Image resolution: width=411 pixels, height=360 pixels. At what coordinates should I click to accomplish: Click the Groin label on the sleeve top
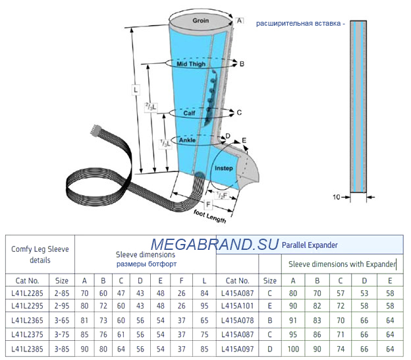[x=200, y=20]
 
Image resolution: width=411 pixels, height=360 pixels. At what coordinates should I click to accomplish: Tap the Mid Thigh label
[x=191, y=64]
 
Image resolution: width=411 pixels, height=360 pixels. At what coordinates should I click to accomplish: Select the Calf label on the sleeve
[x=189, y=113]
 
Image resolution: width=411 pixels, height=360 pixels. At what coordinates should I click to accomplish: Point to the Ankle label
[x=187, y=140]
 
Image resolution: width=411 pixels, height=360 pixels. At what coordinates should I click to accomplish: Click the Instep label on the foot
[x=223, y=168]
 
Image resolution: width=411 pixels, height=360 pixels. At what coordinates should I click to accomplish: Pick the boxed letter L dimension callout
[x=136, y=90]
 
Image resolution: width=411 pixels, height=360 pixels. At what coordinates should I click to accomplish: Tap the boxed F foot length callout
[x=208, y=204]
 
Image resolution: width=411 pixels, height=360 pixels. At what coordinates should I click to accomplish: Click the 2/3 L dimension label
[x=151, y=107]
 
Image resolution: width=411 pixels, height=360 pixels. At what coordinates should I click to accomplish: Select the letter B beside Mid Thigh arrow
[x=242, y=64]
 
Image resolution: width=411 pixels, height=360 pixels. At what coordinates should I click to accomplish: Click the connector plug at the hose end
[x=96, y=130]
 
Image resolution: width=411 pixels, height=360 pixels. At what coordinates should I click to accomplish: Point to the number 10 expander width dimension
[x=337, y=196]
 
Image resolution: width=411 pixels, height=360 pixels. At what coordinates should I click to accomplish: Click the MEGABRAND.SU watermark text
[x=214, y=244]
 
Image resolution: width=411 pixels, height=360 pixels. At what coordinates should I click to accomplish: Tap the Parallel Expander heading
[x=310, y=245]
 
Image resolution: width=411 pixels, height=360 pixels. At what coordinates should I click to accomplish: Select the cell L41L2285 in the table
[x=27, y=293]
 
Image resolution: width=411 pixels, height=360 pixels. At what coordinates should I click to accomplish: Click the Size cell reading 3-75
[x=62, y=334]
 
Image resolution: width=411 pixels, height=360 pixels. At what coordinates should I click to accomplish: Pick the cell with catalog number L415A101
[x=238, y=306]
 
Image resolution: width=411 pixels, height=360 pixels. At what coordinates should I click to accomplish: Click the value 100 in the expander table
[x=293, y=349]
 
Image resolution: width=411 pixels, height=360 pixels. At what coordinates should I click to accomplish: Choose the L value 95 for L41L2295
[x=204, y=306]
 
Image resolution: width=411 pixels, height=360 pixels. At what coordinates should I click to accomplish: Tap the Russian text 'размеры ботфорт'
[x=146, y=264]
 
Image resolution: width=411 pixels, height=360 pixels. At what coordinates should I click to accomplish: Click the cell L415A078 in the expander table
[x=238, y=320]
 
